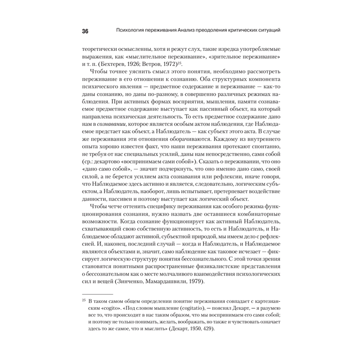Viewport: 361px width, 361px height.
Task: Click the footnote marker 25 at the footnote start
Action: pyautogui.click(x=83, y=300)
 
